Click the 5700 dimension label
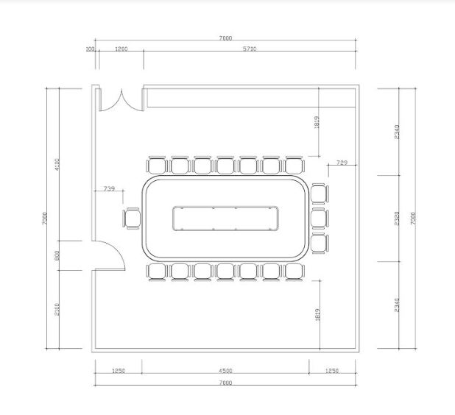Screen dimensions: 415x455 250,49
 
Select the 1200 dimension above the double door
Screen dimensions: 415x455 121,49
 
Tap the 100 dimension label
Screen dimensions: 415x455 91,49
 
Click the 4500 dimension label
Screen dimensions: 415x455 225,371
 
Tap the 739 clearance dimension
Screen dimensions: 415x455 109,189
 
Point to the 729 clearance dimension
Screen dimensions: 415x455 342,162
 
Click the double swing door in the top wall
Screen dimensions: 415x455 121,99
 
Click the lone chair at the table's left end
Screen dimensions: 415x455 133,219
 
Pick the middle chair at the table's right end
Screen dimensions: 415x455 319,219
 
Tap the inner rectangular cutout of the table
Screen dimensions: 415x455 227,219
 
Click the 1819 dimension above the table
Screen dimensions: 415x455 317,122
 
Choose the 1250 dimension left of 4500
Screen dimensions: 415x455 119,371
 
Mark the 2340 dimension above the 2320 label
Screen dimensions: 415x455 397,131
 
